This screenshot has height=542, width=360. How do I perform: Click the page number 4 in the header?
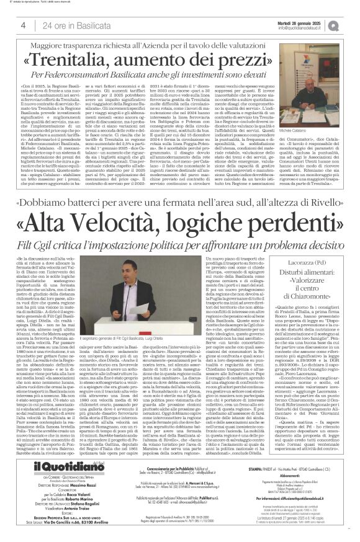point(22,25)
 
